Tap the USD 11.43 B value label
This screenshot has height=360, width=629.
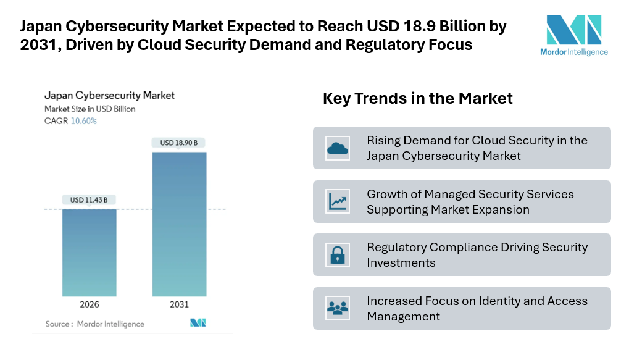tap(89, 200)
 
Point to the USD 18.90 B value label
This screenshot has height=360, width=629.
tap(179, 143)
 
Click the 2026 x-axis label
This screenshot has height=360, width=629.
tap(89, 304)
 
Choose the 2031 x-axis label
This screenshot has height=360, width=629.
tap(179, 304)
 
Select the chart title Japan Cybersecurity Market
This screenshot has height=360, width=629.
tap(109, 96)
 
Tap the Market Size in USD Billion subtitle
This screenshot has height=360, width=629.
tap(90, 109)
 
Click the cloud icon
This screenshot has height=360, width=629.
tap(337, 148)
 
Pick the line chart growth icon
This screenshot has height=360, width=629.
tap(337, 201)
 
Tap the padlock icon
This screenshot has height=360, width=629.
tap(337, 255)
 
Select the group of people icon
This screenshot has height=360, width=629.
tap(337, 308)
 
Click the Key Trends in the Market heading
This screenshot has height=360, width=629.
tap(417, 98)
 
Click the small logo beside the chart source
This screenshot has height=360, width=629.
tap(198, 323)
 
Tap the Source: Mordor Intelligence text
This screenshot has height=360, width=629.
tap(94, 324)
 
